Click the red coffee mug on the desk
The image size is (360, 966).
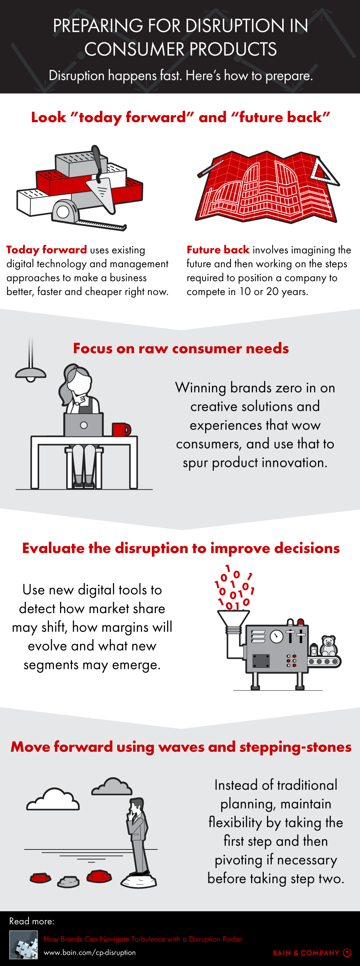tap(121, 429)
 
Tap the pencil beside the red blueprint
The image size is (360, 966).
tap(210, 168)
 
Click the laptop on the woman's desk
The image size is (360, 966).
tap(84, 425)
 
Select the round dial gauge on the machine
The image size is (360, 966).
tap(277, 636)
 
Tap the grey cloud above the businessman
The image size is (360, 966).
tap(112, 787)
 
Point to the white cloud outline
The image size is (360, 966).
tap(53, 800)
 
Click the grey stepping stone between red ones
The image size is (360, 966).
tap(68, 881)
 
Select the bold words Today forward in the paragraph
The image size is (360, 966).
tap(47, 250)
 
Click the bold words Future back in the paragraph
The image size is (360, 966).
tap(218, 250)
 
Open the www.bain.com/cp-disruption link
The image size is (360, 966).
tap(90, 952)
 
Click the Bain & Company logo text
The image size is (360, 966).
tap(306, 953)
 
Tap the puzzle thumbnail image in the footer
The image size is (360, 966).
tap(23, 945)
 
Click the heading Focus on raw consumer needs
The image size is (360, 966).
tap(181, 349)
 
